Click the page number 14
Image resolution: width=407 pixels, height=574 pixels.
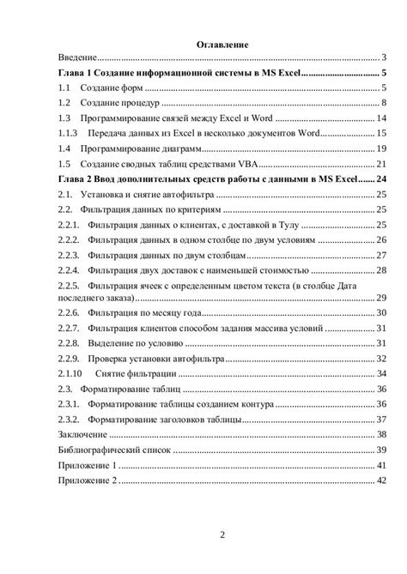383,118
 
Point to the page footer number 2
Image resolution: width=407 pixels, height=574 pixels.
222,536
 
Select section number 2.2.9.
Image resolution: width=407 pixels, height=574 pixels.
68,358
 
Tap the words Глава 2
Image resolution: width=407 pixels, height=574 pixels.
76,178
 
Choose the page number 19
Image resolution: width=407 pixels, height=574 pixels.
383,148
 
